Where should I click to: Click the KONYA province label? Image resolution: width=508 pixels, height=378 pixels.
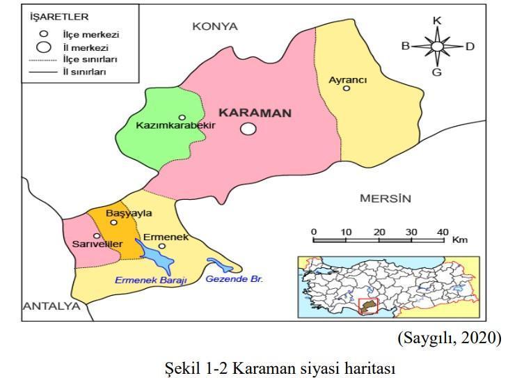coord(215,26)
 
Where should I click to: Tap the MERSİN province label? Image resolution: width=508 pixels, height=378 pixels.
coord(385,198)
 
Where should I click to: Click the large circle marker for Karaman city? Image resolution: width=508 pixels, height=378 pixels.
coord(248,128)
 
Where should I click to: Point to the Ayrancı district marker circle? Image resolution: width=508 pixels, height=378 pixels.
coord(347,88)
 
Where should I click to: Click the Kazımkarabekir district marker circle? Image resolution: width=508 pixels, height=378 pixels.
coord(182,118)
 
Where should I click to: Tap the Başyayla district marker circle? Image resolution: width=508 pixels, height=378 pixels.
coord(114,223)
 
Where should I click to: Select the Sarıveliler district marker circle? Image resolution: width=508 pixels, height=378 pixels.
coord(97,235)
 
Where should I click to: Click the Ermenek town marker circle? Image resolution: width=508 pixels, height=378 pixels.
coord(161,246)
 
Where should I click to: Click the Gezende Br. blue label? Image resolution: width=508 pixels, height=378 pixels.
coord(231,279)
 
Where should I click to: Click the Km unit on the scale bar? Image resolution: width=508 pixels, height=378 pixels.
coord(459,240)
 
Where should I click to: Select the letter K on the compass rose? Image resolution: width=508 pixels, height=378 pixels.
coord(437,20)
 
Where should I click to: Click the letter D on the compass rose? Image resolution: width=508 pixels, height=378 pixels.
coord(470,47)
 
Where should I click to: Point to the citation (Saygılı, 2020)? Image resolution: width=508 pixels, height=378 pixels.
coord(449,338)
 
